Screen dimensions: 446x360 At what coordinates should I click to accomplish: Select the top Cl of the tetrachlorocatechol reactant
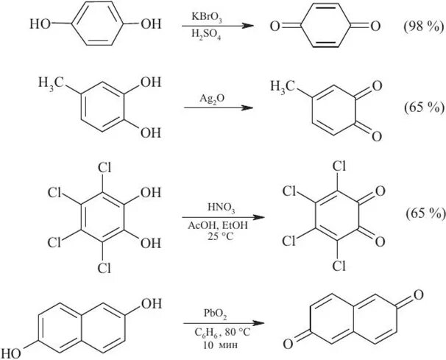tap(102, 167)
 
